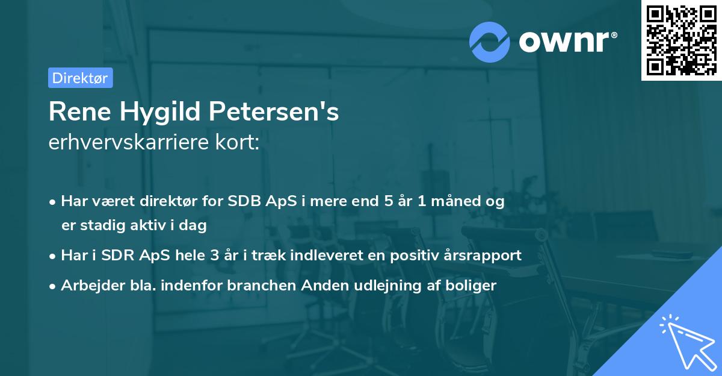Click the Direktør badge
80,78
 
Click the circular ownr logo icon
489,42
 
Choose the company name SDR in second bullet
122,255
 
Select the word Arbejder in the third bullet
87,286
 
